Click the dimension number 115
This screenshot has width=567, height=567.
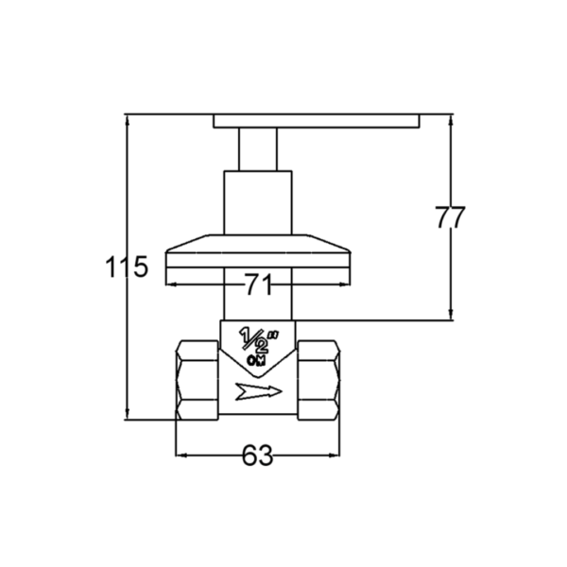[127, 266]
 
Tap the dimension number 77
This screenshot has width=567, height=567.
[450, 217]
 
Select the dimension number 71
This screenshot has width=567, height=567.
[258, 284]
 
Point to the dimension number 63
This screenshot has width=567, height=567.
[257, 455]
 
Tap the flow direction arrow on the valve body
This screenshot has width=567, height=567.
[258, 391]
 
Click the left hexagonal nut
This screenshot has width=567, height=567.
[198, 380]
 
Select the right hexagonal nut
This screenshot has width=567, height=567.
[318, 380]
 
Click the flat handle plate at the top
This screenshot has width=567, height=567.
[317, 121]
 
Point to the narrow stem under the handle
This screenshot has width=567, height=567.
[258, 149]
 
